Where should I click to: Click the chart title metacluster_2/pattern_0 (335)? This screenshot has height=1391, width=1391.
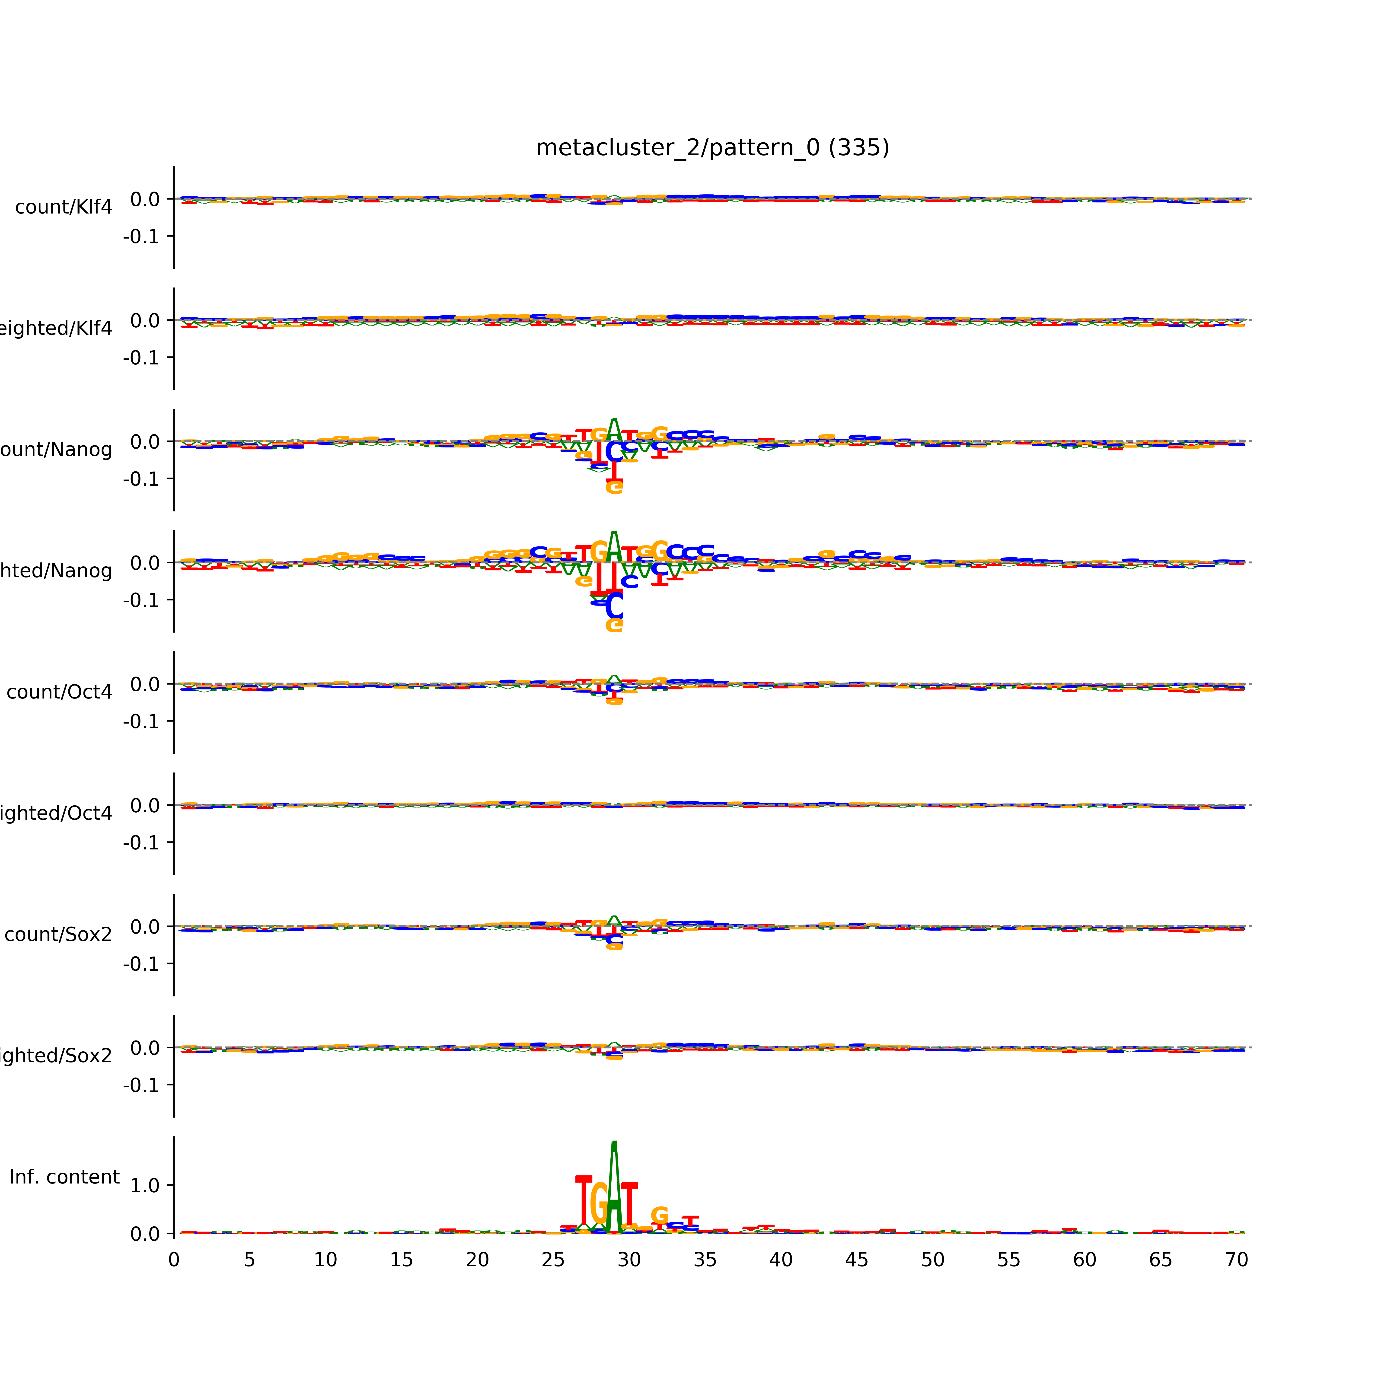712,148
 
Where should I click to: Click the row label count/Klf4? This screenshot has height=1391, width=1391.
63,207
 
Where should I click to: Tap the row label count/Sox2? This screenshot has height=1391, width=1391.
58,935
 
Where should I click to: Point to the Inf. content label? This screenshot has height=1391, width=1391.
64,1177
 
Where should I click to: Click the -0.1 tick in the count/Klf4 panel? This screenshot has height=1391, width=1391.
142,236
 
